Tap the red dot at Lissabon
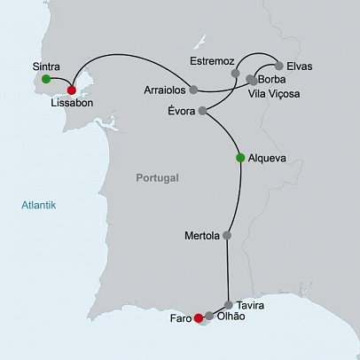pos(72,90)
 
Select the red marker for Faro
pos(198,320)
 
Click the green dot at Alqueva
pos(239,158)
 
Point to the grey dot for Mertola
pos(227,236)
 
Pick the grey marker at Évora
pos(202,111)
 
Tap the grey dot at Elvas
pos(278,66)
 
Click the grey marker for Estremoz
pos(235,73)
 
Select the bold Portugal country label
pos(158,178)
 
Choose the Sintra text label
pos(46,66)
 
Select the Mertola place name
pos(200,237)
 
